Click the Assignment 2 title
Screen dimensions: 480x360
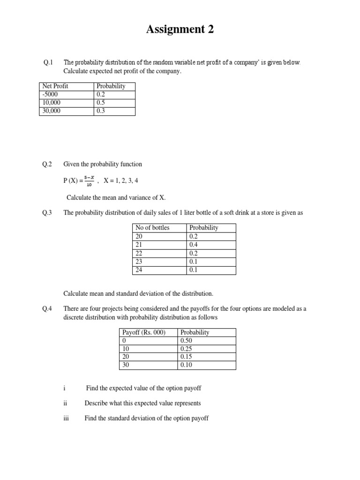180,30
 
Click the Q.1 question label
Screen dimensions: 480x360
49,62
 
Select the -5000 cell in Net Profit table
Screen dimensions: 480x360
50,95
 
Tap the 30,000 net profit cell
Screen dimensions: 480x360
52,111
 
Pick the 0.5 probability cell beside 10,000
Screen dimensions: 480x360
101,103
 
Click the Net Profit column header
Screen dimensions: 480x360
55,86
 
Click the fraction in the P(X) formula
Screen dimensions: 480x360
89,180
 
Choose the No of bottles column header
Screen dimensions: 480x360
152,228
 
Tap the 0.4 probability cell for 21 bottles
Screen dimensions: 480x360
194,245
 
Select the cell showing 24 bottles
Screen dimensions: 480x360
139,270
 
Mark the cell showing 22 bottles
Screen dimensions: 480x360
139,253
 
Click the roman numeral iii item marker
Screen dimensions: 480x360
66,418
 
